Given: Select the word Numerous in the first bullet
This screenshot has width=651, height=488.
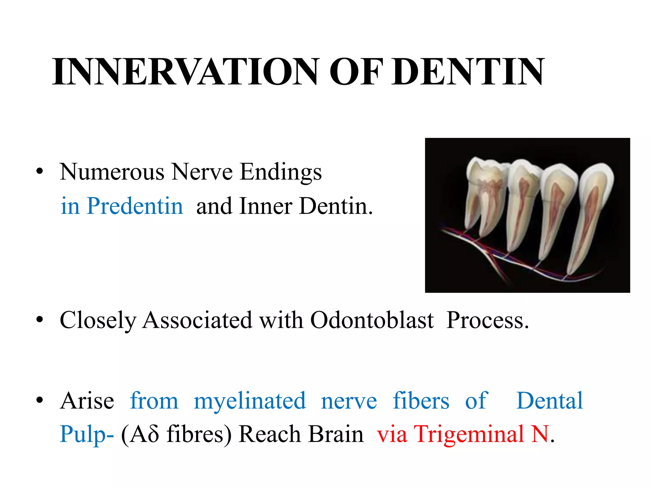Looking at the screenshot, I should point(112,172).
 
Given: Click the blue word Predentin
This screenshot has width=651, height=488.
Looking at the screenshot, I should point(135,206).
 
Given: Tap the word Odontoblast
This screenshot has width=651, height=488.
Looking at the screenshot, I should point(372,320).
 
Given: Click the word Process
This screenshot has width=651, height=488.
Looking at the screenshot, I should point(487,320).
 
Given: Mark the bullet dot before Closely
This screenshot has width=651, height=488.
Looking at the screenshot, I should point(39,319).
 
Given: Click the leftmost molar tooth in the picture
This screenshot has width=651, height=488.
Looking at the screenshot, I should point(486,194).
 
